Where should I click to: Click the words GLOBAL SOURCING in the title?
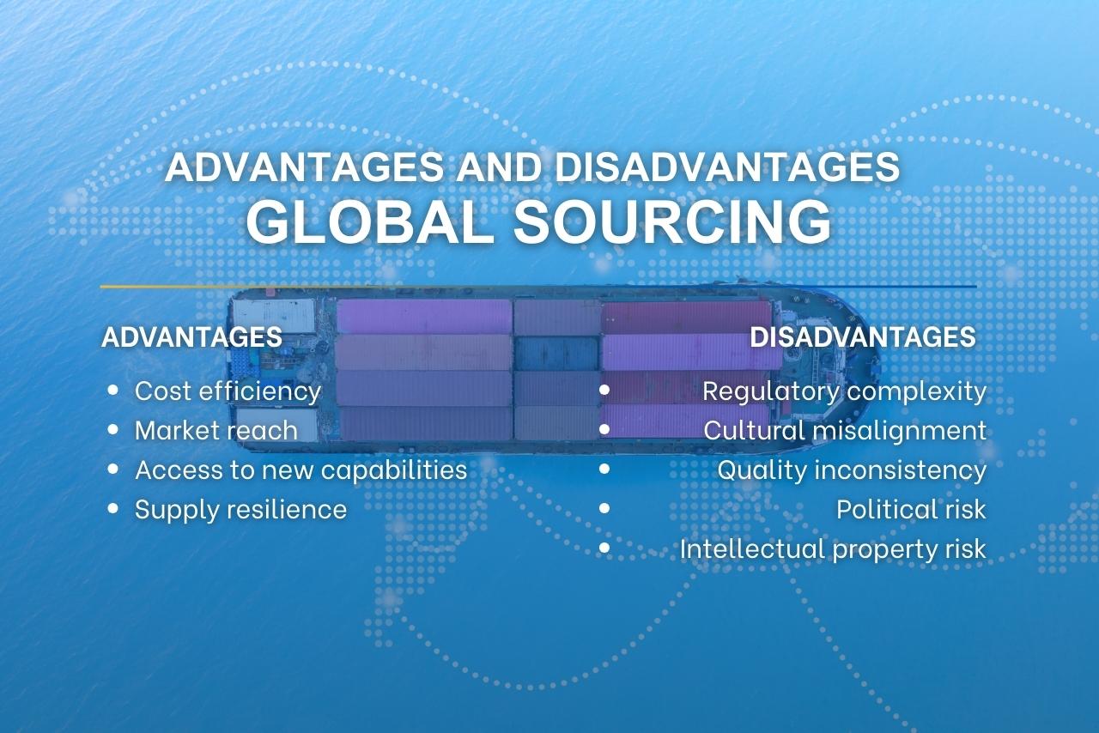click(538, 222)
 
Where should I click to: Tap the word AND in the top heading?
click(501, 167)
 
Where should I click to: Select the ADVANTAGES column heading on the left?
click(191, 336)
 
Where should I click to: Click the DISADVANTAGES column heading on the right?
click(862, 336)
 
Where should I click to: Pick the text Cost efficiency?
click(228, 391)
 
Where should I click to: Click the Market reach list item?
click(216, 430)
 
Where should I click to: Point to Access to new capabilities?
click(301, 469)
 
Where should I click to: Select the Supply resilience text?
click(240, 509)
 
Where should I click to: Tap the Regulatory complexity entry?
click(844, 391)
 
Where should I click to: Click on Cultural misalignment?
click(845, 430)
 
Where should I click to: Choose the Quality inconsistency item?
click(852, 469)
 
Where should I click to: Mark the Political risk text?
click(911, 509)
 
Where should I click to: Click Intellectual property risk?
click(833, 548)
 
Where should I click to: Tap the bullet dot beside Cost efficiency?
click(113, 391)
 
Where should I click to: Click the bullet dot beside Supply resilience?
click(113, 508)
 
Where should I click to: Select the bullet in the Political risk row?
click(604, 508)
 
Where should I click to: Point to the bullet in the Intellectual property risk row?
click(604, 548)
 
